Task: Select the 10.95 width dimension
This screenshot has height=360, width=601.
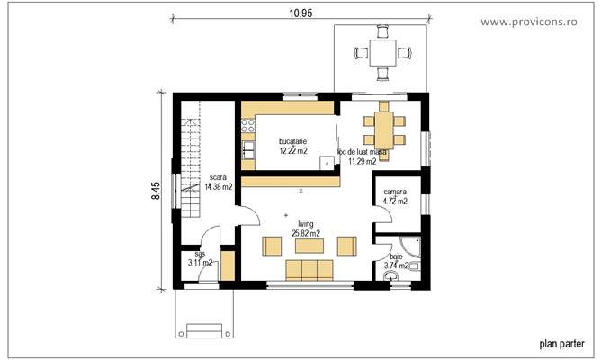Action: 300,13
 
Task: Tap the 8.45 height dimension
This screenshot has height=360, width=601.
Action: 156,190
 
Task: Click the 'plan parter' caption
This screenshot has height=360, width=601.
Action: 561,343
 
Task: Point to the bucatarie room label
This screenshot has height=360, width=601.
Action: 293,141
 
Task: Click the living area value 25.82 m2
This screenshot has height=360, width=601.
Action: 306,233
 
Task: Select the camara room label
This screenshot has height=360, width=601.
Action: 395,192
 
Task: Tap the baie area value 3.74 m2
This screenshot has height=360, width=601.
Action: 397,265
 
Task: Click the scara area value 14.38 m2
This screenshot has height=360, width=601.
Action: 218,187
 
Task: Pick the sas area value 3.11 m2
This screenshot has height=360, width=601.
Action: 200,263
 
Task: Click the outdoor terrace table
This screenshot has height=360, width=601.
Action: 381,53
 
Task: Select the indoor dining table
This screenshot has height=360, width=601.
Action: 381,125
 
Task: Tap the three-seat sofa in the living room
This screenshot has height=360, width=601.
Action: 309,271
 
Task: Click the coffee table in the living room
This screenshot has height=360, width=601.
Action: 308,245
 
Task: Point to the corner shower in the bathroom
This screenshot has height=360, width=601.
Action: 408,247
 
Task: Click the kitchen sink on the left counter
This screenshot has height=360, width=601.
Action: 247,132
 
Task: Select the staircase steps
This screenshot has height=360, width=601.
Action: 191,166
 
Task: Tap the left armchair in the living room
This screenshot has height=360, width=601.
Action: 270,245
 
